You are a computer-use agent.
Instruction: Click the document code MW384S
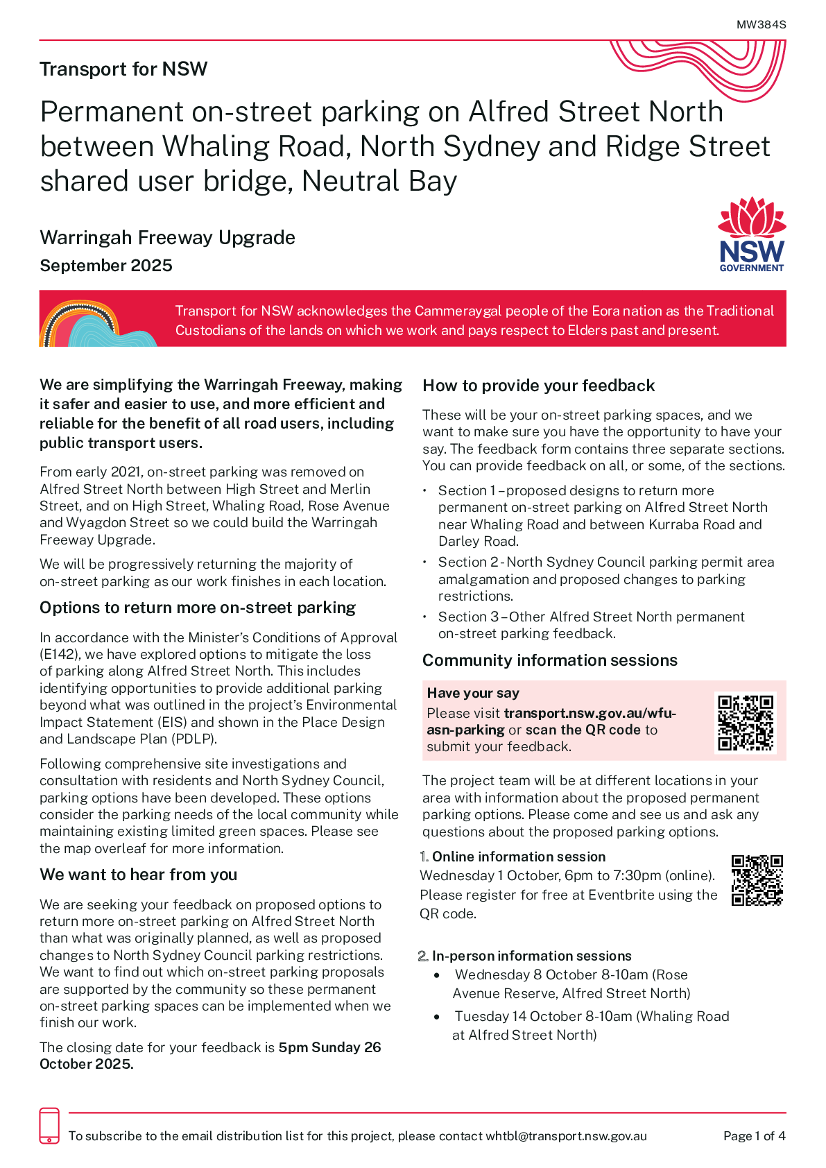(761, 24)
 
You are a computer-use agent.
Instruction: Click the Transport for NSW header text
(123, 69)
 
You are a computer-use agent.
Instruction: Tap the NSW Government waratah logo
(752, 234)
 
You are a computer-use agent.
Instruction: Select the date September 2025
(106, 266)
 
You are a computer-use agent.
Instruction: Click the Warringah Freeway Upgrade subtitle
(167, 237)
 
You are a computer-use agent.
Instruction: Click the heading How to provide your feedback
(538, 386)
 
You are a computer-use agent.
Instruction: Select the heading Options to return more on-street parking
(198, 608)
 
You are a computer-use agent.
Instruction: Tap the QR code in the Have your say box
(746, 723)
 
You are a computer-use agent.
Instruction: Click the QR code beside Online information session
(757, 880)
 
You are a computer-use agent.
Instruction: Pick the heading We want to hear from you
(139, 875)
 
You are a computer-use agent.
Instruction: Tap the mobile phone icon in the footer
(49, 1126)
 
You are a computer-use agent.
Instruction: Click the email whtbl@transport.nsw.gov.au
(566, 1136)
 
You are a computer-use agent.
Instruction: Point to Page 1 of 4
(754, 1136)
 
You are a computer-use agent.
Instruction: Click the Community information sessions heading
(549, 660)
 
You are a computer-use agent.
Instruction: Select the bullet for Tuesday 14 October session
(437, 1017)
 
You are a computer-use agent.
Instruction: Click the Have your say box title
(473, 693)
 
